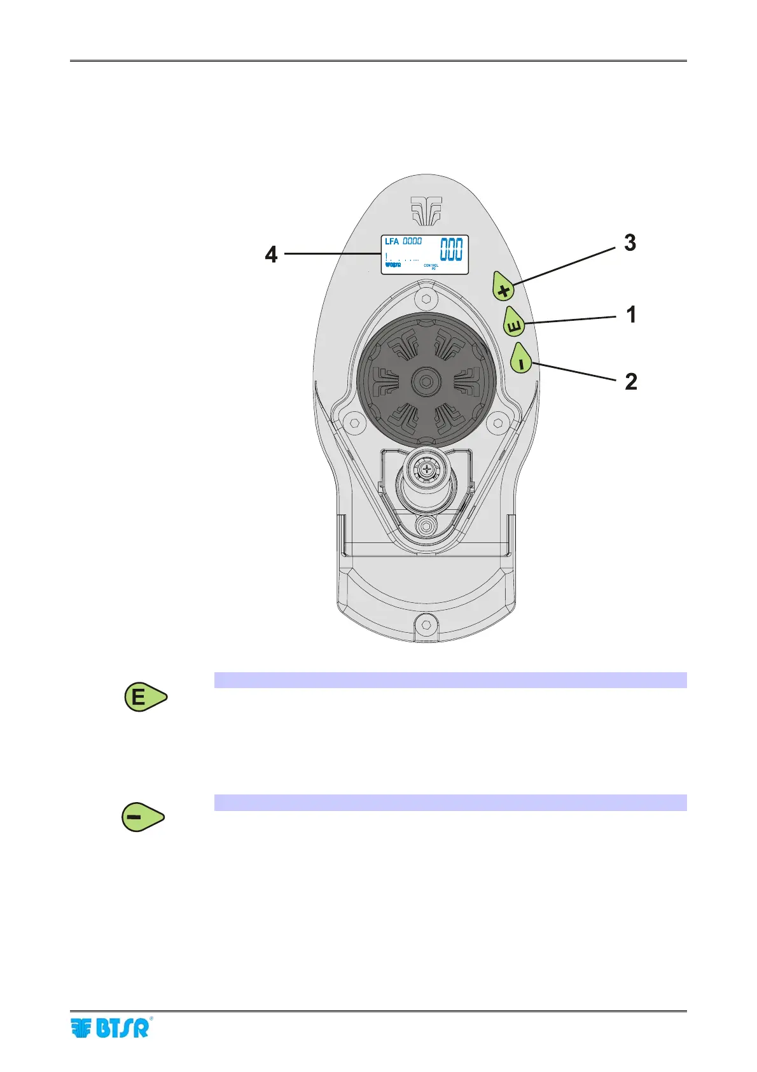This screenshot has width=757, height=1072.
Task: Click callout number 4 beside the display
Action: click(x=272, y=255)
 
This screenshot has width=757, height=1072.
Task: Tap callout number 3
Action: click(x=630, y=243)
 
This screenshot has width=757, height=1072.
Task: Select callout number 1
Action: click(x=631, y=314)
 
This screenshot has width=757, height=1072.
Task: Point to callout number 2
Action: click(x=630, y=381)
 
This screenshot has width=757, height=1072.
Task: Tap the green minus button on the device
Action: click(x=522, y=360)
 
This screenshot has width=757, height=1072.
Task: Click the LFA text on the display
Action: click(x=392, y=242)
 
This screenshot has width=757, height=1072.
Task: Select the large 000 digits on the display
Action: click(x=452, y=250)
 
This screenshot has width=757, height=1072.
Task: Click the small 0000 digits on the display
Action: click(x=412, y=242)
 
